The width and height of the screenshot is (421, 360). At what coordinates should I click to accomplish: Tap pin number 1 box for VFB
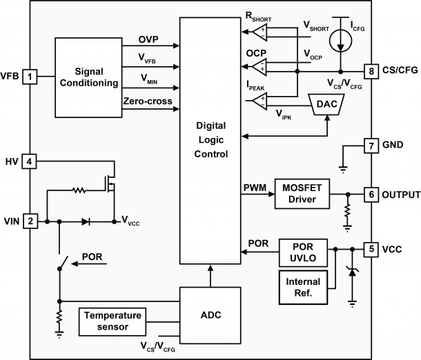coord(30,74)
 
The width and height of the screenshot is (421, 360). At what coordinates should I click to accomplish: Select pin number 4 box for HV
coord(30,161)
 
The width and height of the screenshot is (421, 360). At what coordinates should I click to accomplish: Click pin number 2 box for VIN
coord(30,221)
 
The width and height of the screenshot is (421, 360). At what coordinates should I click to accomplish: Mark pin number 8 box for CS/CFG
coord(372,70)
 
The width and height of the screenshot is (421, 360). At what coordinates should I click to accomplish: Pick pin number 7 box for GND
coord(372,146)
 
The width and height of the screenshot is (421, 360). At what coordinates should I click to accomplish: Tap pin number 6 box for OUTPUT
coord(372,194)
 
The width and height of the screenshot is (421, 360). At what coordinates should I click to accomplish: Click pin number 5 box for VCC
coord(372,248)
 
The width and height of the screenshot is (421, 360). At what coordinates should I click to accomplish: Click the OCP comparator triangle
coord(260,67)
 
